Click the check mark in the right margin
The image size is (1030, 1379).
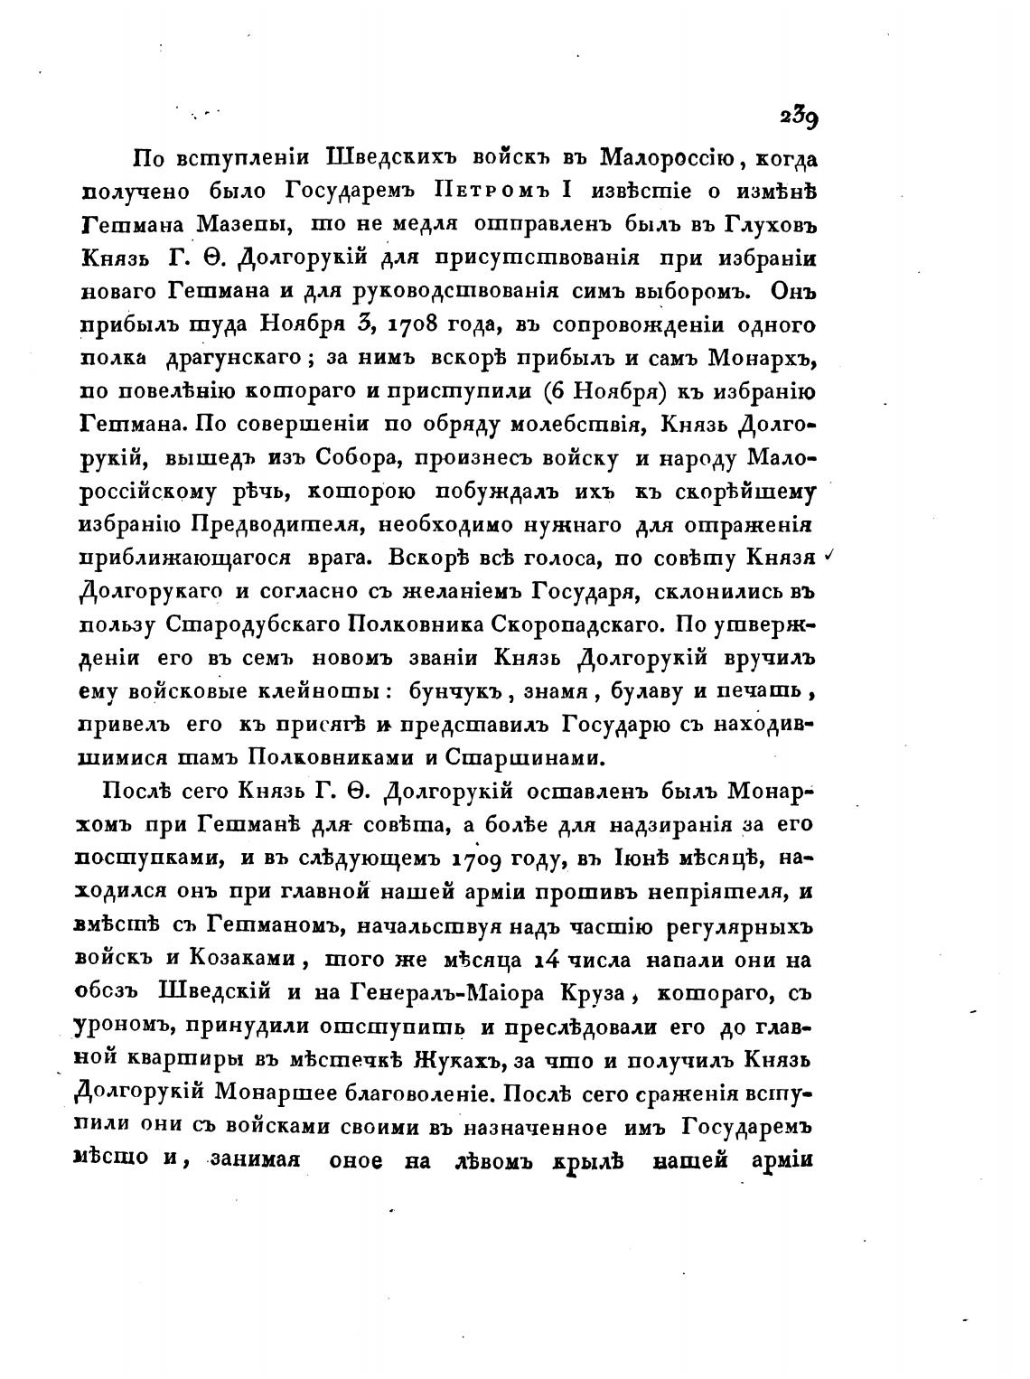tap(829, 558)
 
